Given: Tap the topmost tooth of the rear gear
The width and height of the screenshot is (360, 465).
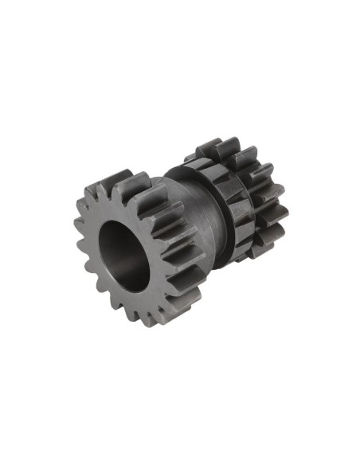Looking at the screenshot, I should pyautogui.click(x=209, y=147).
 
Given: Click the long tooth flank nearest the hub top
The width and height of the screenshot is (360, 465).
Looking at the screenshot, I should pyautogui.click(x=159, y=196).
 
